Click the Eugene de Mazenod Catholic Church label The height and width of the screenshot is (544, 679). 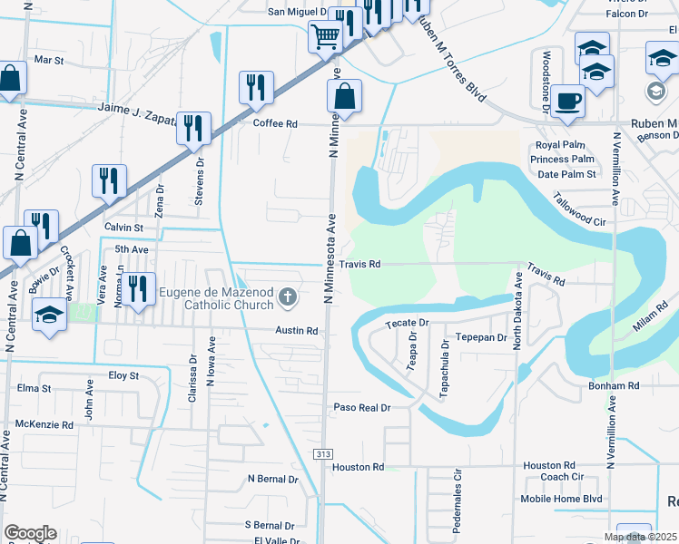coord(216,297)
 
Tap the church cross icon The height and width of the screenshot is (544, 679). coord(288,296)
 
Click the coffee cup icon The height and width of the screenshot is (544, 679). coord(567,100)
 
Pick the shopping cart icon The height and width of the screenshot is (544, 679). coord(325,37)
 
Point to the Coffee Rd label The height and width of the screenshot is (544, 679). coord(275,123)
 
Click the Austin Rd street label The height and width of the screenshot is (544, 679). coord(297,331)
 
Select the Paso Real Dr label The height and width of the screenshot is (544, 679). coord(361,408)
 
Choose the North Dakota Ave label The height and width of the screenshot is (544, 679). coord(518,314)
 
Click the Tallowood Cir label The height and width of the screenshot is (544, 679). coord(578,209)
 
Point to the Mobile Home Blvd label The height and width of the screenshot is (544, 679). coord(561,499)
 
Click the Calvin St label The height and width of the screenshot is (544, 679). coord(123,227)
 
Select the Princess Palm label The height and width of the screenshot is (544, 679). coord(562,160)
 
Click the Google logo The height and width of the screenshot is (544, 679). coord(30,533)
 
